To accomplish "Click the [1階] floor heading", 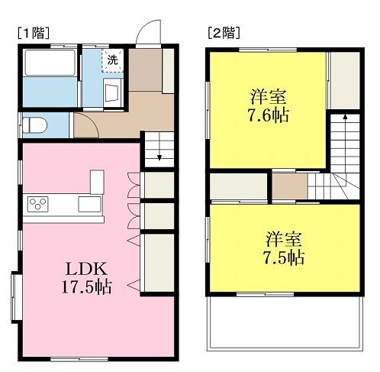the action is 34,33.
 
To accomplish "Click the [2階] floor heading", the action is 224,33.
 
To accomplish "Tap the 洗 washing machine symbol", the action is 112,60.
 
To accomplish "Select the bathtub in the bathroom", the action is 50,63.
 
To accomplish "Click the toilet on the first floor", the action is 34,125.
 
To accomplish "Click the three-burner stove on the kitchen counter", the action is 37,204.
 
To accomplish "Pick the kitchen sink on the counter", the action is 89,204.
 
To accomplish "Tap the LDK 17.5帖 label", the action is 86,278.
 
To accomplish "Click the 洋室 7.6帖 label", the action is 269,106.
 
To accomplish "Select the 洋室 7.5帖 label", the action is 284,248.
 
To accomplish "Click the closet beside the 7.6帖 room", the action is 345,81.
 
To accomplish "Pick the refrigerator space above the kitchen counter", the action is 97,182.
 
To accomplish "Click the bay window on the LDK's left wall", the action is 16,297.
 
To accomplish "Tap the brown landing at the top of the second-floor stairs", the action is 290,186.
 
